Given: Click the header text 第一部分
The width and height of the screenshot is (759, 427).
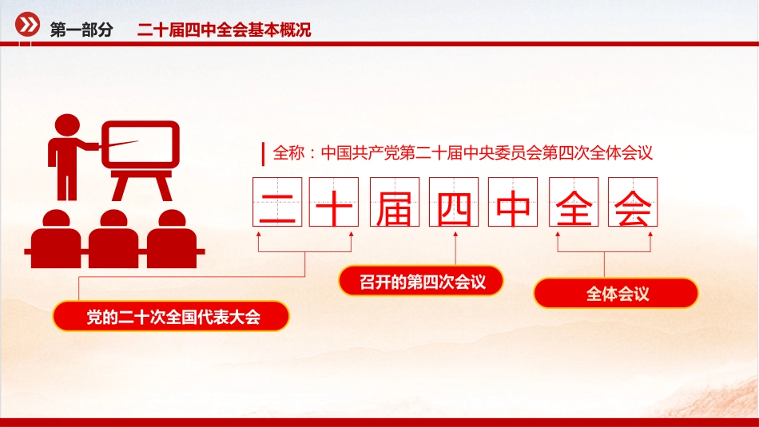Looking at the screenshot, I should pos(81,30).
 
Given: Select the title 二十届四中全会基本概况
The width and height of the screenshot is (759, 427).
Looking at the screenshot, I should pos(224,30).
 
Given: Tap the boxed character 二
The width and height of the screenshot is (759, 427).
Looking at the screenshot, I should pos(278,202).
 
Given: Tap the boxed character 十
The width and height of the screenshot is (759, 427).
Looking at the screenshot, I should pos(337,202).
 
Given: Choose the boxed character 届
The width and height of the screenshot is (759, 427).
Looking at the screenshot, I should pos(395,202).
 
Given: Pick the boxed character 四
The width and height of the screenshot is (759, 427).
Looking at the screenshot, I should pos(455,202).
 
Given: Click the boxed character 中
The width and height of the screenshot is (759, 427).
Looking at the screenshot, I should pos(514,202).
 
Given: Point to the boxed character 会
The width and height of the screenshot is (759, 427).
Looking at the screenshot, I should pos(633,202).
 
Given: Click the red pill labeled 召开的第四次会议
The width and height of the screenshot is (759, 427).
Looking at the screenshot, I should pos(421,281).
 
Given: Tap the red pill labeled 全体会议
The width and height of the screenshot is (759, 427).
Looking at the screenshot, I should pos(616,294).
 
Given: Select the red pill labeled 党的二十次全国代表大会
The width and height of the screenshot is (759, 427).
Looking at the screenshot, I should pos(171,317).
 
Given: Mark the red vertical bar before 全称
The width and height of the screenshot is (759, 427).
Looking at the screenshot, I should pos(264,152).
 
